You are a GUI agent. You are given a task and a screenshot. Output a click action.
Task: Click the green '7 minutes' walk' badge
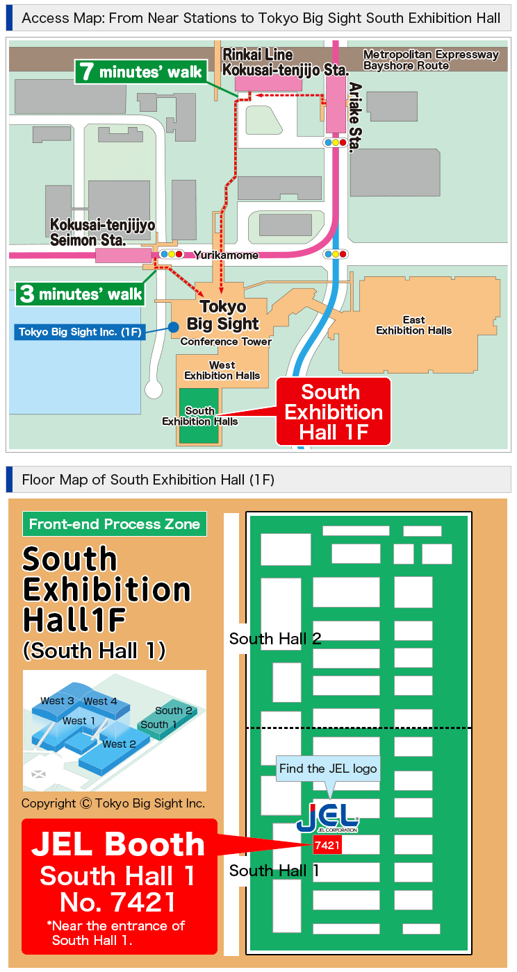tap(142, 72)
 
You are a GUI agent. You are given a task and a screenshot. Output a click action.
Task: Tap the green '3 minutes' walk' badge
tap(81, 294)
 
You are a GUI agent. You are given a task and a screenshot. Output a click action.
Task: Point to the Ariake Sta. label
tap(354, 116)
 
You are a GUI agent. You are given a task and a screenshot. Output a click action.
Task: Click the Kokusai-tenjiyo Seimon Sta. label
tap(102, 233)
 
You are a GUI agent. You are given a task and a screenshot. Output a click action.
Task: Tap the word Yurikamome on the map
tap(226, 255)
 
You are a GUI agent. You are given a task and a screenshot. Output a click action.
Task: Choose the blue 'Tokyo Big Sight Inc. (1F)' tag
tap(80, 332)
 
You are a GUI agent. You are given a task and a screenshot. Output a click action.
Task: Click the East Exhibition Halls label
tap(413, 325)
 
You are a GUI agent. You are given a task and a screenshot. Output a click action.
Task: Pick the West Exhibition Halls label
tap(222, 370)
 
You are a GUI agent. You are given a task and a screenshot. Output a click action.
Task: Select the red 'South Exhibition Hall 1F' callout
tap(334, 412)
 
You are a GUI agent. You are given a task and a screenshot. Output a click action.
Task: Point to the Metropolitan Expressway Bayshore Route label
tap(431, 60)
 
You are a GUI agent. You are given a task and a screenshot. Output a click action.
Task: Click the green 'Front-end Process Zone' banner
tap(115, 524)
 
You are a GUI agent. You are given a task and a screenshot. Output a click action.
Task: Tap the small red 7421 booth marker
tap(327, 845)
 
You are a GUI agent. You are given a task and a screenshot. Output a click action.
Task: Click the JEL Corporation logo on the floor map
tap(327, 817)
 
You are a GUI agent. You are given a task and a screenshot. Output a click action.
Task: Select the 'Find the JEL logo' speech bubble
tap(328, 769)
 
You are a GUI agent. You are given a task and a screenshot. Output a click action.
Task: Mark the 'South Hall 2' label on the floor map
tap(275, 639)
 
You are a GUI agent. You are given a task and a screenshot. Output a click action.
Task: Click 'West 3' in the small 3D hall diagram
tap(57, 701)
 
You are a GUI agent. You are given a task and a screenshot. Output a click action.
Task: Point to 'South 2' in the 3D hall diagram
tap(173, 710)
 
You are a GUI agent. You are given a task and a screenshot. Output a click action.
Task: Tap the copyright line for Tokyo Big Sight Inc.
tap(113, 803)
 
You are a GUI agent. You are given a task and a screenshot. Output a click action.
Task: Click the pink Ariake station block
tap(336, 104)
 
